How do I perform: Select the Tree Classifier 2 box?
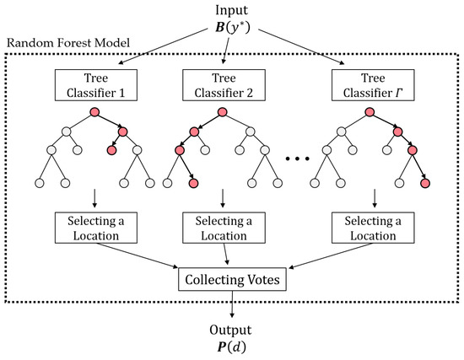(222, 84)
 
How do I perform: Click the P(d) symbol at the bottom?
(231, 346)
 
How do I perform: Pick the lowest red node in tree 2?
(193, 183)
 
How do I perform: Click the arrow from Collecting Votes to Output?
(232, 303)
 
